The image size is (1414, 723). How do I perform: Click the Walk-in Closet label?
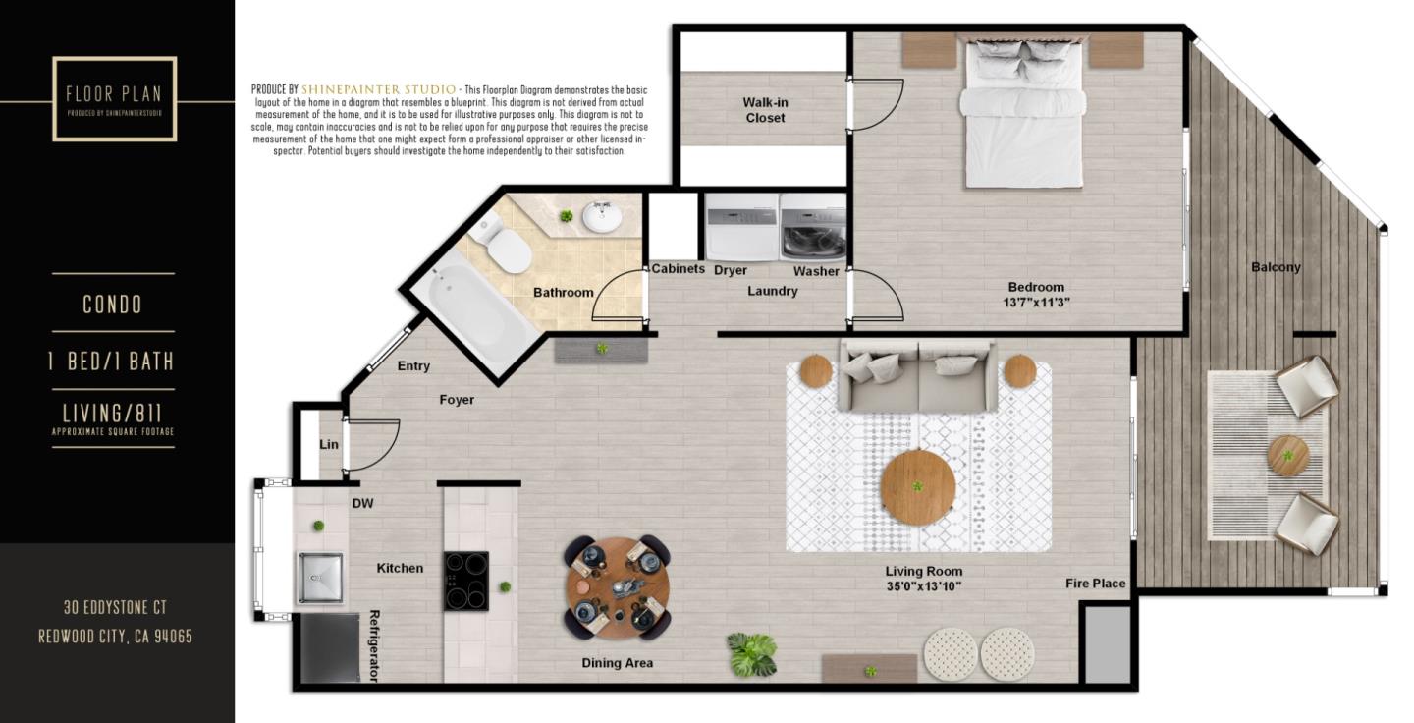click(x=765, y=110)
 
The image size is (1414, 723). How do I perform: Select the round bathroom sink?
click(x=602, y=216)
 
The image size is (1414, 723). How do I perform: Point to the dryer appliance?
click(x=741, y=227)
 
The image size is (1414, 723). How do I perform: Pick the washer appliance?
click(x=813, y=228)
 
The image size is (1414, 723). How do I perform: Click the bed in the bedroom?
click(x=1024, y=113)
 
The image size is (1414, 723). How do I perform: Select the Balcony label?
click(x=1276, y=267)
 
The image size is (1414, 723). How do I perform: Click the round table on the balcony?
click(x=1287, y=456)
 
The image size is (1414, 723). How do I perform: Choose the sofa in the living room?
click(x=918, y=375)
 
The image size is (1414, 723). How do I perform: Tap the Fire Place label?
click(x=1096, y=584)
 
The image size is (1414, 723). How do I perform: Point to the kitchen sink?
click(x=320, y=578)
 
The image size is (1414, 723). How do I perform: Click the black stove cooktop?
click(x=466, y=581)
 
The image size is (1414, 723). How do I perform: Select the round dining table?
click(x=618, y=586)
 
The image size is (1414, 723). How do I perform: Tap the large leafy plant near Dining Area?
click(x=752, y=655)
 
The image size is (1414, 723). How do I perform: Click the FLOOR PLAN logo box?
click(x=115, y=98)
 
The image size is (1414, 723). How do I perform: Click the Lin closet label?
click(x=329, y=444)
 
